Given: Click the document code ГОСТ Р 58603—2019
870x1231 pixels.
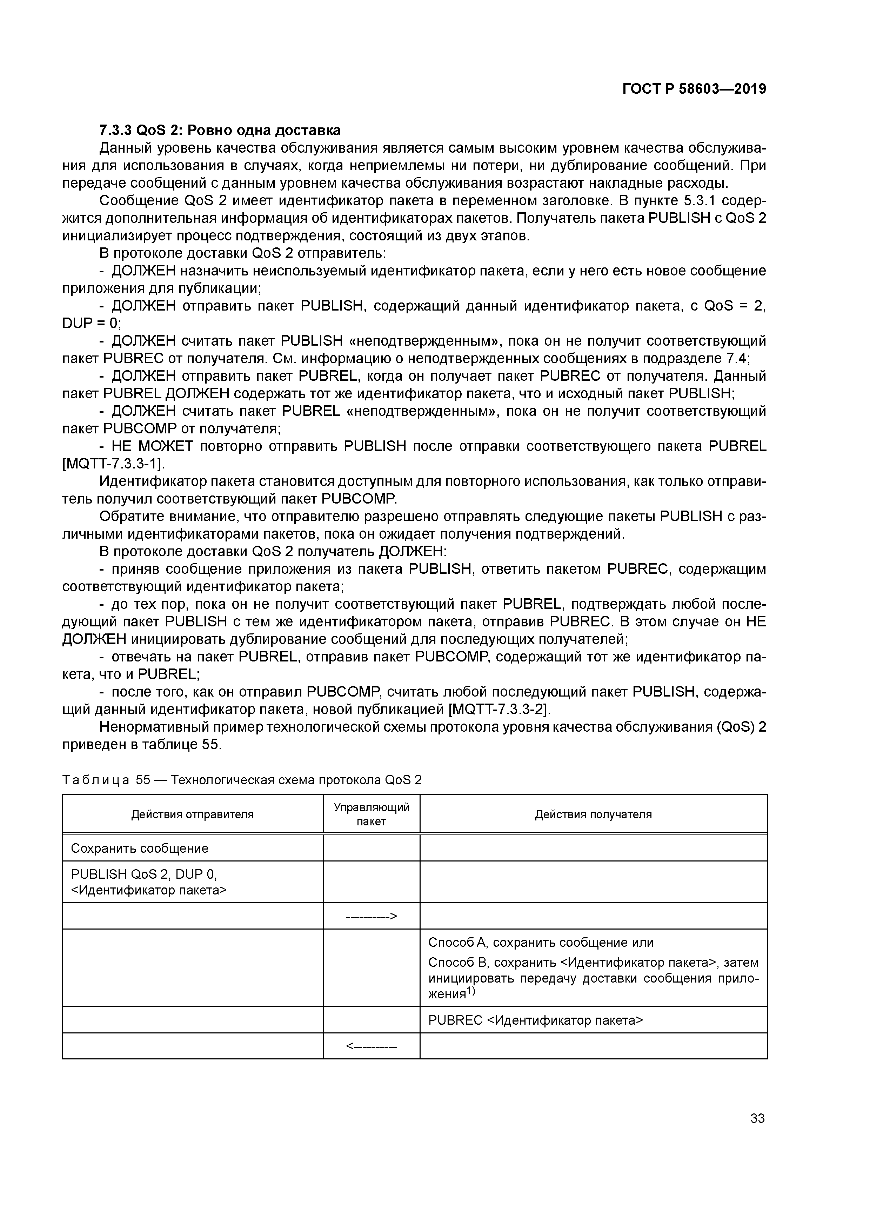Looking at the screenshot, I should pyautogui.click(x=694, y=89).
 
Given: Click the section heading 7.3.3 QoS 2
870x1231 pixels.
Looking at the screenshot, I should pyautogui.click(x=220, y=130).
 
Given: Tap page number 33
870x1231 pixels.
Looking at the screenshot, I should pyautogui.click(x=757, y=1118).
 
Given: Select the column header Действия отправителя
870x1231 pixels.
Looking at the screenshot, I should pyautogui.click(x=193, y=814).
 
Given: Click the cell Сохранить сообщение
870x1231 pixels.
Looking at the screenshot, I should pyautogui.click(x=139, y=848).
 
